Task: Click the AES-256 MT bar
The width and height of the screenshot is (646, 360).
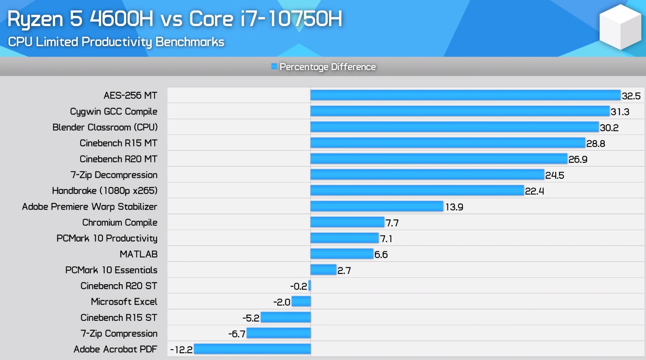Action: pos(465,95)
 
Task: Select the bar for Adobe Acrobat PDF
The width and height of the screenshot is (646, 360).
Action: pos(252,349)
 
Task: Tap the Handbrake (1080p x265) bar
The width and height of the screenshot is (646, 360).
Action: pos(417,190)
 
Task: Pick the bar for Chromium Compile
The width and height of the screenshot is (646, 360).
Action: pos(347,222)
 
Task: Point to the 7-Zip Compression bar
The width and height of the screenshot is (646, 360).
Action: pos(278,333)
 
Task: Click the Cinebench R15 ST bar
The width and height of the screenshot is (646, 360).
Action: pos(285,317)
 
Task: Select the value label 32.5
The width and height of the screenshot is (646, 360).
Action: pos(631,96)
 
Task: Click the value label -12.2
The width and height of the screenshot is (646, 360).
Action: pos(181,349)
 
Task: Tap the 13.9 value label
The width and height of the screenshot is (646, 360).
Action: pos(454,207)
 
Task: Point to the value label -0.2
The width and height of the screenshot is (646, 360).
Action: pos(299,286)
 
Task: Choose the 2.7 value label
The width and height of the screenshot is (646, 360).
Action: pos(344,271)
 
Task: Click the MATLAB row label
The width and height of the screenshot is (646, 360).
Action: pos(138,254)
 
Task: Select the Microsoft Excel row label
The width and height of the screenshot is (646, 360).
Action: pos(124,302)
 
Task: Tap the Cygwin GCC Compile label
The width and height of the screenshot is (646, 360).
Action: pos(114,112)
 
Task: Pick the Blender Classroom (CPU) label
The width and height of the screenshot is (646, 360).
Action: pos(105,128)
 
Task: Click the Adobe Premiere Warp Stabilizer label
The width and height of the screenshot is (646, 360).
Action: pos(89,207)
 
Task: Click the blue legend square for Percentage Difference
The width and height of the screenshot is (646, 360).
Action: pos(274,67)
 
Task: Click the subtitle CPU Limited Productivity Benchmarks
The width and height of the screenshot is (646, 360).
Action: pos(116,42)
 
